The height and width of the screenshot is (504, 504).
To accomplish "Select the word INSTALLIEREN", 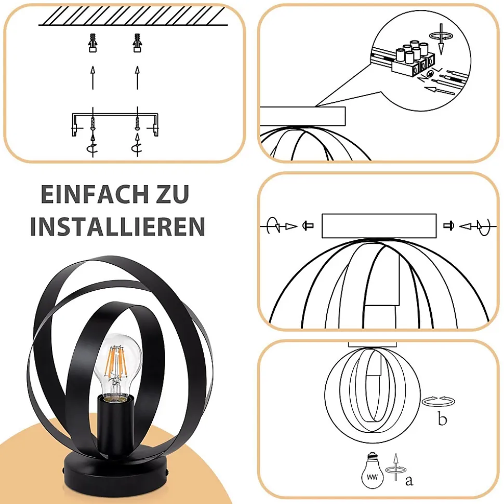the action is pyautogui.click(x=117, y=227).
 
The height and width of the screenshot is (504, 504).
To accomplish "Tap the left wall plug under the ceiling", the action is pyautogui.click(x=92, y=43).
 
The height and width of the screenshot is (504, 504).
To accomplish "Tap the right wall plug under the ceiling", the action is pyautogui.click(x=137, y=43).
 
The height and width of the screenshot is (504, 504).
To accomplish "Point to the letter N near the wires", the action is pyautogui.click(x=421, y=78).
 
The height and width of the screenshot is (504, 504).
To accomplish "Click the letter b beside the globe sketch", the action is pyautogui.click(x=442, y=419).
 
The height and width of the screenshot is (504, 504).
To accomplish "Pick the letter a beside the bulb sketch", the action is pyautogui.click(x=409, y=481).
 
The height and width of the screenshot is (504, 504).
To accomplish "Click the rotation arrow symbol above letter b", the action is pyautogui.click(x=439, y=401).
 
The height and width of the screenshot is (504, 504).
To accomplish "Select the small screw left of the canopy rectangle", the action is pyautogui.click(x=308, y=226).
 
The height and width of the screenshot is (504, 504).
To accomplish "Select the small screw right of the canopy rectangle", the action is pyautogui.click(x=448, y=226).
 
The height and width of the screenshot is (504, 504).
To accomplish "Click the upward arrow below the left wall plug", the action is pyautogui.click(x=92, y=77).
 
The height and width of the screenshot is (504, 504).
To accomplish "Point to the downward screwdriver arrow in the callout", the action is pyautogui.click(x=441, y=38).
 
